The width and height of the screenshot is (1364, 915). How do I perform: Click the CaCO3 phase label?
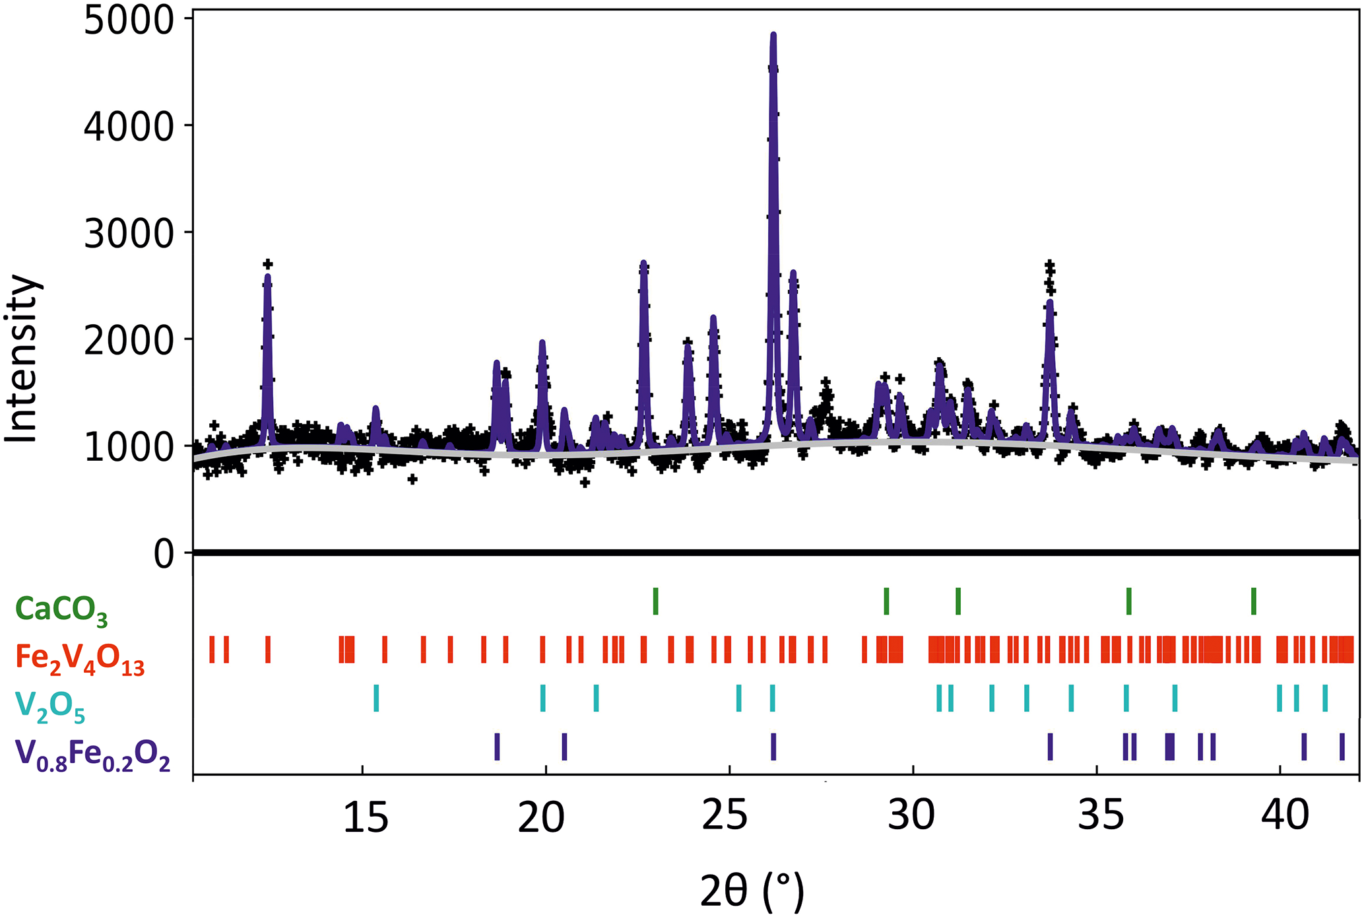pos(61,609)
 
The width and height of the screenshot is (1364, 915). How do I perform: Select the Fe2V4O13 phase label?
pos(80,659)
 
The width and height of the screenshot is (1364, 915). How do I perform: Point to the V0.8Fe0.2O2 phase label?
pos(92,755)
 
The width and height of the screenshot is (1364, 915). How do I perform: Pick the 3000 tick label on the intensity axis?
pos(128,234)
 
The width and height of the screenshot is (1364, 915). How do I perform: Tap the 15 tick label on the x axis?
pos(366,817)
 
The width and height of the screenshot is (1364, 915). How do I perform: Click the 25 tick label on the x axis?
pos(725,817)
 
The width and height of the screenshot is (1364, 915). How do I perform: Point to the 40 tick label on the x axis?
pos(1285,817)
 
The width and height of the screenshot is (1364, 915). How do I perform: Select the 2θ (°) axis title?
pos(752,891)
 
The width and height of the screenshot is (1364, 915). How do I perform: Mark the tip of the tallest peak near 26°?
pos(773,34)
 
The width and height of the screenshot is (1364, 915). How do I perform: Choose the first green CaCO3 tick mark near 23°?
pos(655,601)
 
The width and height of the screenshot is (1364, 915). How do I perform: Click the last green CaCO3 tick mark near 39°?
pos(1254,601)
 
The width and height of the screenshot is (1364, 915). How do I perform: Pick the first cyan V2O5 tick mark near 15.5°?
pos(376,698)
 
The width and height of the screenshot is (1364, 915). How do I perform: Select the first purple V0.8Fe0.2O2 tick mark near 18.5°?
pos(497,747)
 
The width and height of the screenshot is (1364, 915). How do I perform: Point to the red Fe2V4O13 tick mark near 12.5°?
pos(268,650)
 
